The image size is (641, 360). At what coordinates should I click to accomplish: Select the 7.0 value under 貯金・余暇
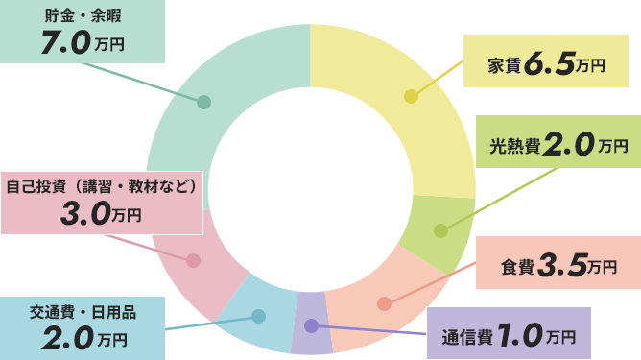click(66, 44)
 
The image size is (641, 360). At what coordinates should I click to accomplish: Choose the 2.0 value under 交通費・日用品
click(66, 338)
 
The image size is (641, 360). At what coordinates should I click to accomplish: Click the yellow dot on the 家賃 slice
click(411, 97)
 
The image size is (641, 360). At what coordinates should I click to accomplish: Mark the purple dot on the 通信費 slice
click(311, 326)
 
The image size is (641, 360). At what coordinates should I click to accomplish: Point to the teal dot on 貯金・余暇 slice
click(203, 102)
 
